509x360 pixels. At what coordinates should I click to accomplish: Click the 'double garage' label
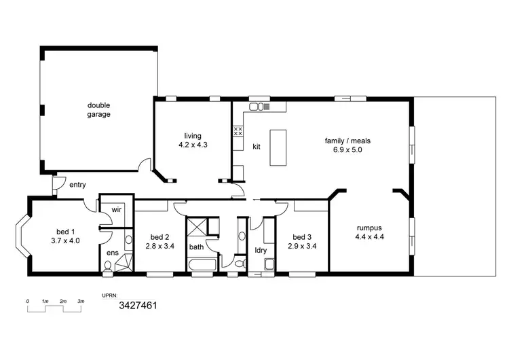click(98, 109)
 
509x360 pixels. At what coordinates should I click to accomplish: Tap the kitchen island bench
click(278, 147)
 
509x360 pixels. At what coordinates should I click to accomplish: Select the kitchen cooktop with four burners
click(238, 130)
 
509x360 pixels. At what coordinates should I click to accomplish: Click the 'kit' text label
click(257, 147)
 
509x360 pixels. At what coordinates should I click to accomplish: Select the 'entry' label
click(77, 184)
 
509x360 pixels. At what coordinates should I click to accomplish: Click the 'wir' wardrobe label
click(116, 211)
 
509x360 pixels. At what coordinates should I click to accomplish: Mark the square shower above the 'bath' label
click(197, 227)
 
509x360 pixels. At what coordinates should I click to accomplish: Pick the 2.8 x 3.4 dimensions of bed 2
click(160, 246)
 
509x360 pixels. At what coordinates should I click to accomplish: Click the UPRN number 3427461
click(138, 306)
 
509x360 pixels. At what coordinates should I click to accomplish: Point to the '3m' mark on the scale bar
click(80, 301)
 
